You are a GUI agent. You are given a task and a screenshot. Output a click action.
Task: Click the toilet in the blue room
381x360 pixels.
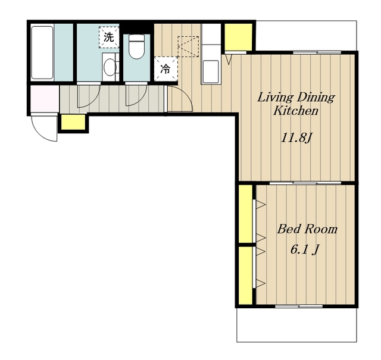click(x=136, y=46)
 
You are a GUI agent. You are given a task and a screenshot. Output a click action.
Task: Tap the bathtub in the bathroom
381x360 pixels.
click(x=42, y=52)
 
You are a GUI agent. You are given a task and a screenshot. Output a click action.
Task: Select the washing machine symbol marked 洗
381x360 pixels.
click(x=109, y=37)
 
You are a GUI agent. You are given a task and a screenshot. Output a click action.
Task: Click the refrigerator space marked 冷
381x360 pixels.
click(x=165, y=69)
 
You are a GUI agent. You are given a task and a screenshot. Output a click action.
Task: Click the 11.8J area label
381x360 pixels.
click(x=296, y=138)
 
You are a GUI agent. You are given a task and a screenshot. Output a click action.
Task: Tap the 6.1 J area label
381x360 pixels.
click(x=305, y=249)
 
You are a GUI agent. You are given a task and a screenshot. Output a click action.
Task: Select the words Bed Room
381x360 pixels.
click(x=307, y=229)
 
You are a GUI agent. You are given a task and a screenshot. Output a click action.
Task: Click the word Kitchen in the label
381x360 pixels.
click(x=296, y=111)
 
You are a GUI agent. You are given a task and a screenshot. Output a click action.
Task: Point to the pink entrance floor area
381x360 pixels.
click(x=45, y=99)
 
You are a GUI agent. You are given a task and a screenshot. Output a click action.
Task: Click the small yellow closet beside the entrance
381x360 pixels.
click(x=73, y=122)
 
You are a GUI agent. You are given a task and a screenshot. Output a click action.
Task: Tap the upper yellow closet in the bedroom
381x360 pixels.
click(x=245, y=214)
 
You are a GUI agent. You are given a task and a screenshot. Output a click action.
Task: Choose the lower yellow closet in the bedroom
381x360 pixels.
click(x=245, y=276)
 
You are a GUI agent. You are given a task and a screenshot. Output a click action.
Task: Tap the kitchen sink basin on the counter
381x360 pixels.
click(x=211, y=71)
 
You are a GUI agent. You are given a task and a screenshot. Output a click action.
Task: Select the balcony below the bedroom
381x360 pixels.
click(x=296, y=325)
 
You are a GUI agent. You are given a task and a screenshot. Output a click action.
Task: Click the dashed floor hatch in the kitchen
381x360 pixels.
click(x=189, y=46)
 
